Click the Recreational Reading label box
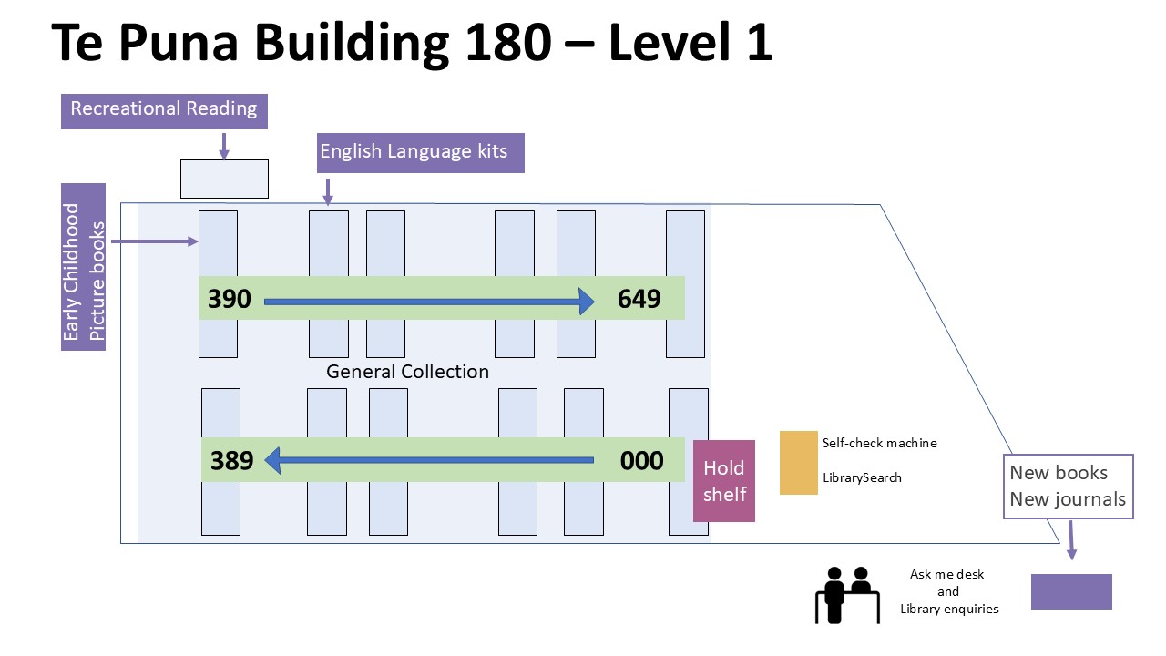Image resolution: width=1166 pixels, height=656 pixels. pos(164,109)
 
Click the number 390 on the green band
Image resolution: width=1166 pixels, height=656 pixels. pos(230,299)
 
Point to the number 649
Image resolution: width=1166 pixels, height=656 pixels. pos(639,299)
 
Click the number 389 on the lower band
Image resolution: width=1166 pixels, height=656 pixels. pos(232,461)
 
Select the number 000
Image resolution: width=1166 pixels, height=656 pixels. pos(641,461)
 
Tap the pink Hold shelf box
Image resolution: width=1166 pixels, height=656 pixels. pos(724,481)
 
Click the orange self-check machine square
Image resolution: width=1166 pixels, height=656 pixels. pos(799,462)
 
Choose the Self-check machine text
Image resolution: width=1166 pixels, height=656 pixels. pos(879,444)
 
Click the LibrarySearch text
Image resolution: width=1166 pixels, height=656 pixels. pos(862,477)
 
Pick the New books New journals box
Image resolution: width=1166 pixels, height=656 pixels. pos(1068,487)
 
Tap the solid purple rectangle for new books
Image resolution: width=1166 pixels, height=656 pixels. pos(1071,591)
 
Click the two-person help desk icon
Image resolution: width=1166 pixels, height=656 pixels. pos(847,594)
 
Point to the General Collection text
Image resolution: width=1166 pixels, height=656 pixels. pos(407,372)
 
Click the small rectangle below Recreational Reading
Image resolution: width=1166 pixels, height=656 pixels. pos(224,179)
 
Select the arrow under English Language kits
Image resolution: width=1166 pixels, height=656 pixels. pos(328,190)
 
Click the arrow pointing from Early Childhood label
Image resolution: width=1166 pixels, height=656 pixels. pos(155,241)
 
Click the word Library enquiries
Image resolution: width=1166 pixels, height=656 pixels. pos(949,609)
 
